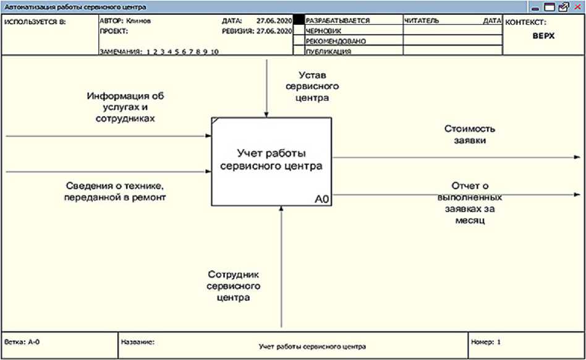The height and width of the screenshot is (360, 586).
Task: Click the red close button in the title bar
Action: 577,7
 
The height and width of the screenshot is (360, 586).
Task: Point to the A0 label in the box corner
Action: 321,199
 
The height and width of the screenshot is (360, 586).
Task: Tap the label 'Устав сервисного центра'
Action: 307,86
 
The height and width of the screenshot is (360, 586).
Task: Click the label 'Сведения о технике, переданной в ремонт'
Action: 116,191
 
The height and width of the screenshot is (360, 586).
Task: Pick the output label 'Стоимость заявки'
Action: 470,134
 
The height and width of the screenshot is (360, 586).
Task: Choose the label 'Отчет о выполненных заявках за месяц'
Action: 470,202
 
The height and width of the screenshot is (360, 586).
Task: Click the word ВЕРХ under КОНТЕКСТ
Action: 544,36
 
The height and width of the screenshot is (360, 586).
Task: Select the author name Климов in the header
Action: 138,20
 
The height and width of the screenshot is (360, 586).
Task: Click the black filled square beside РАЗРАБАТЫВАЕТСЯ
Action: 299,20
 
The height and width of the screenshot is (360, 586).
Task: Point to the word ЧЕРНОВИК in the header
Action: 323,30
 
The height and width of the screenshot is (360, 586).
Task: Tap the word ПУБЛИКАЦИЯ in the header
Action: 328,52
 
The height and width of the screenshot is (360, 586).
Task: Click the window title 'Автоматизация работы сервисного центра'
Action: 74,7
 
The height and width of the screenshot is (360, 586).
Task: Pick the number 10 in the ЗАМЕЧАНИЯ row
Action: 214,52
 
